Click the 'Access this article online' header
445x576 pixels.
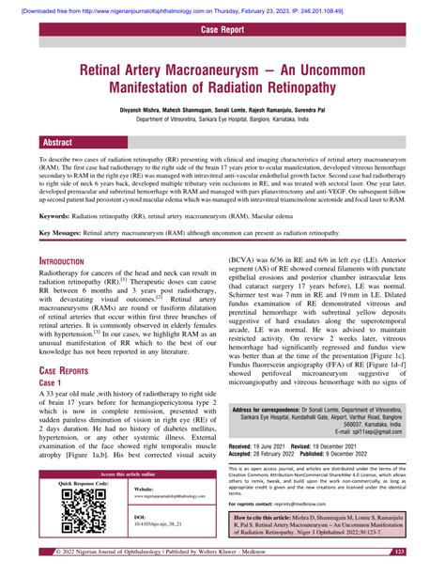[128, 475]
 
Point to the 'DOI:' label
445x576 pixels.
[140, 517]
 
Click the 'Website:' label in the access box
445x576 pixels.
[144, 490]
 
